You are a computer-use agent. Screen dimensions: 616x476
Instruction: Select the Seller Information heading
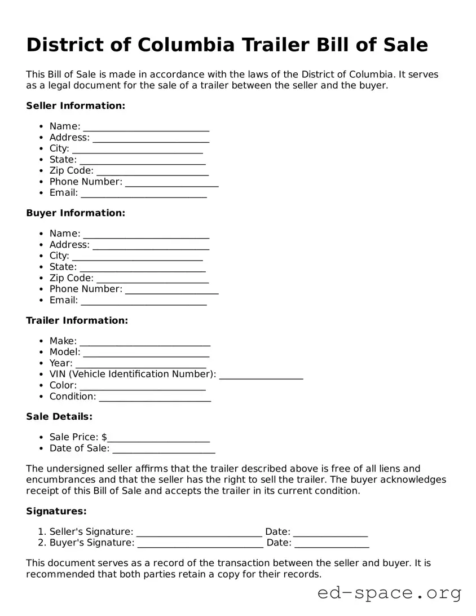point(76,105)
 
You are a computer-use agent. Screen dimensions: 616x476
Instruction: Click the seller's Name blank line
point(146,127)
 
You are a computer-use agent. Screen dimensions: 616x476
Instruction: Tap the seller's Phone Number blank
point(171,182)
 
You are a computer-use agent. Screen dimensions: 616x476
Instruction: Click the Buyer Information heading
point(76,213)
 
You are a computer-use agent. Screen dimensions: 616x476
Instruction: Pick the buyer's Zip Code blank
point(152,279)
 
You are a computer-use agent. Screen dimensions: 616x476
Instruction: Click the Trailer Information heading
point(77,320)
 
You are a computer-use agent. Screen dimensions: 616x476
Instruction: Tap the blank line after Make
point(145,341)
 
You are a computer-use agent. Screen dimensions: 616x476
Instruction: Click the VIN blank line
point(261,375)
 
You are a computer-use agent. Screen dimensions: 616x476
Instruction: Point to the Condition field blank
point(155,397)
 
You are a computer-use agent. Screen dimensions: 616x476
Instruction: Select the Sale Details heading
point(59,416)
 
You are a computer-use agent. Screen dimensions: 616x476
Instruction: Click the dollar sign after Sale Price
point(104,437)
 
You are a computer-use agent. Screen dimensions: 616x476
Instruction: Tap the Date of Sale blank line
point(164,449)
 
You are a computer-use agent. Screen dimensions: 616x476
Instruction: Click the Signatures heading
point(56,511)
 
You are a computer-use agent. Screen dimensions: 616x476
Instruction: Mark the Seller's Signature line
point(199,532)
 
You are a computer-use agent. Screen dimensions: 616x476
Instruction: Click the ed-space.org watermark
point(389,593)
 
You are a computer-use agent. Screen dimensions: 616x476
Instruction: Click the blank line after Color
point(143,386)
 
